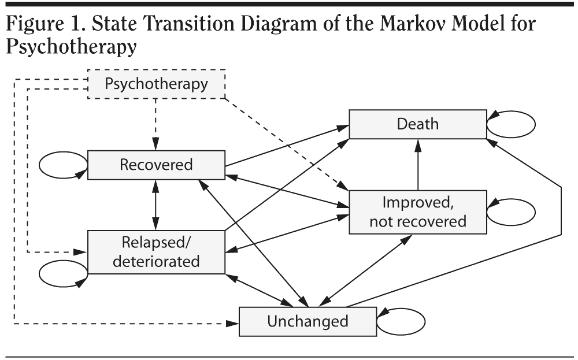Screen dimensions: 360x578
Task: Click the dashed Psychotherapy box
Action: (x=156, y=84)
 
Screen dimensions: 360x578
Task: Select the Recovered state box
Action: (x=156, y=165)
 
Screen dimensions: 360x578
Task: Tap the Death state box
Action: (x=418, y=124)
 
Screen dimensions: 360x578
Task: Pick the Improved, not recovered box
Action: (x=418, y=211)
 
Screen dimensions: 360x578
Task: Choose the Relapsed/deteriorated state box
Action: (x=156, y=251)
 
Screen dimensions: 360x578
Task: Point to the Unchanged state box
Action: (x=307, y=321)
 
